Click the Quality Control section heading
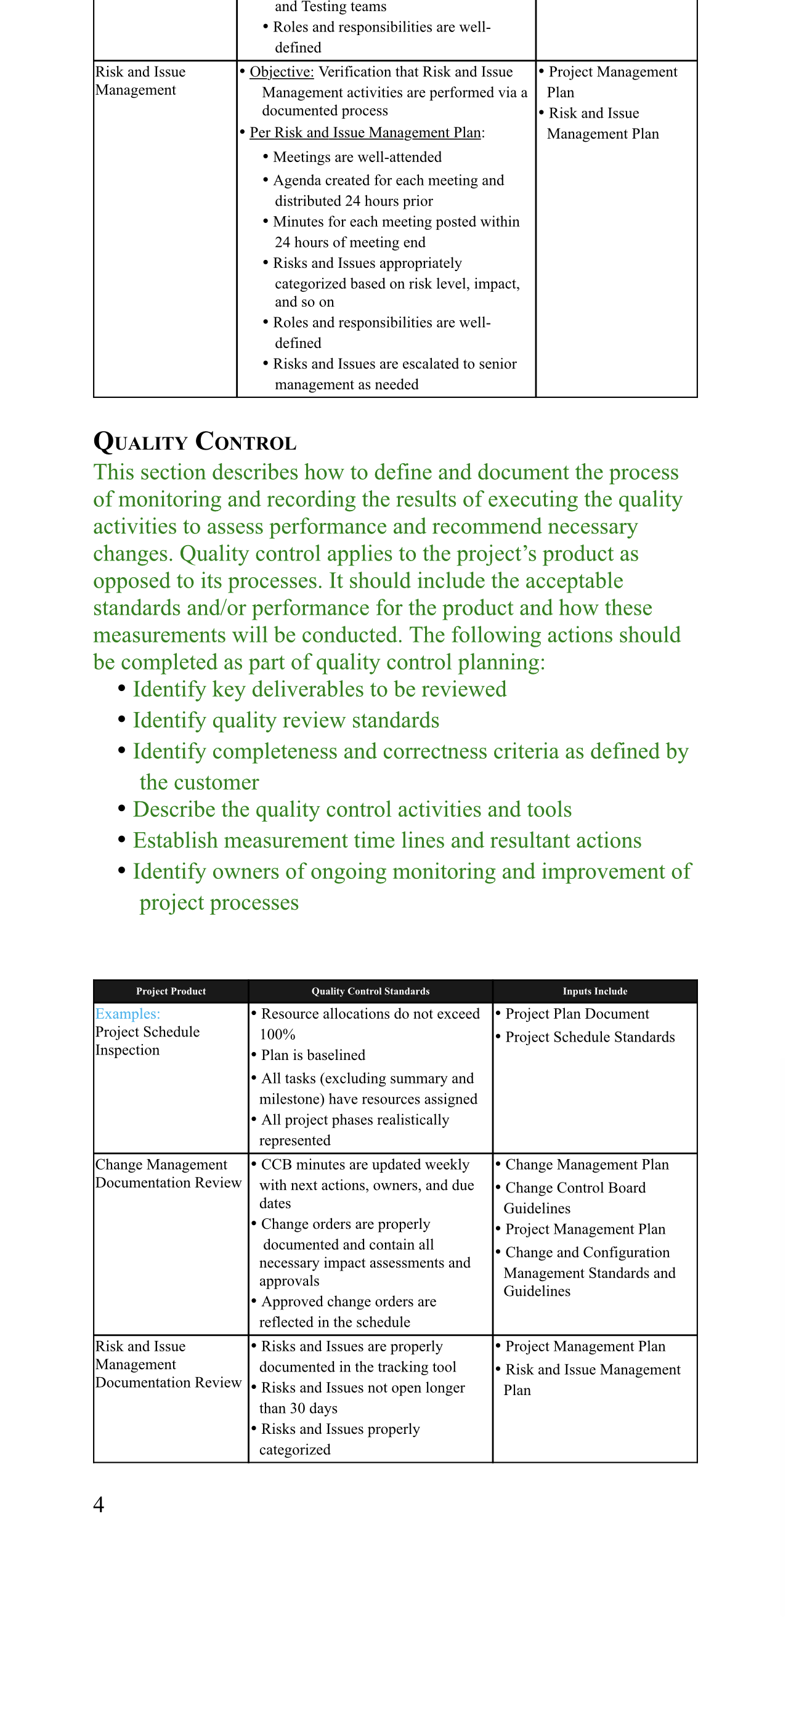pos(195,442)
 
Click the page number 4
pos(99,1504)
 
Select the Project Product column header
pos(171,991)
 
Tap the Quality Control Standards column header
pos(370,991)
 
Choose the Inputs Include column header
pos(594,991)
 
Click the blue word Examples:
pos(128,1014)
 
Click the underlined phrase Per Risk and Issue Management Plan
pos(365,132)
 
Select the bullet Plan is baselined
pos(313,1055)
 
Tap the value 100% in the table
pos(277,1034)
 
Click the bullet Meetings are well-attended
pos(357,157)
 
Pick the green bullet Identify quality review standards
pos(286,720)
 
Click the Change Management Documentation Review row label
pos(168,1174)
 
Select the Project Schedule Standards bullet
pos(589,1037)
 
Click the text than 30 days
pos(298,1408)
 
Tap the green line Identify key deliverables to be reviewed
pos(318,689)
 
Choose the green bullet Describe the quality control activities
pos(352,810)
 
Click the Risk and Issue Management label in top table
pos(140,80)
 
